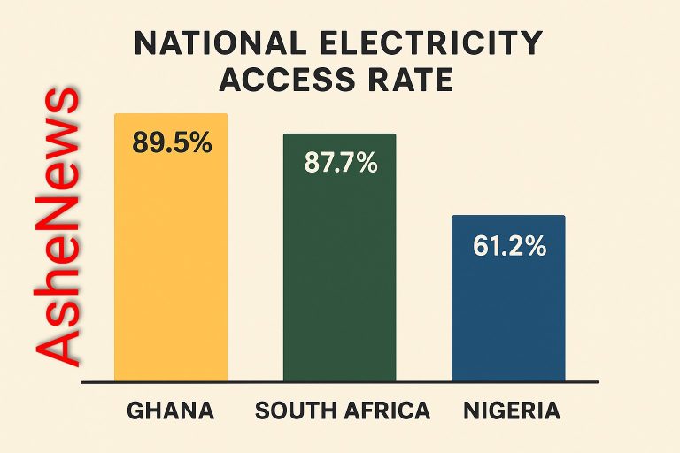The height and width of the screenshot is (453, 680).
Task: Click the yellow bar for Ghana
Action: coord(171,265)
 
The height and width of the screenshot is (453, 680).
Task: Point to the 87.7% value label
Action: coord(340,163)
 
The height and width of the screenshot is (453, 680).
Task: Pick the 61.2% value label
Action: coord(509,246)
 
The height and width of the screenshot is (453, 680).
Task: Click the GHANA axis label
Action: coord(171,411)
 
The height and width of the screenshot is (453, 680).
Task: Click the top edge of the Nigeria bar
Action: coord(508,217)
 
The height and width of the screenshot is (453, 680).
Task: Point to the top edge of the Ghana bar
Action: coord(171,115)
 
